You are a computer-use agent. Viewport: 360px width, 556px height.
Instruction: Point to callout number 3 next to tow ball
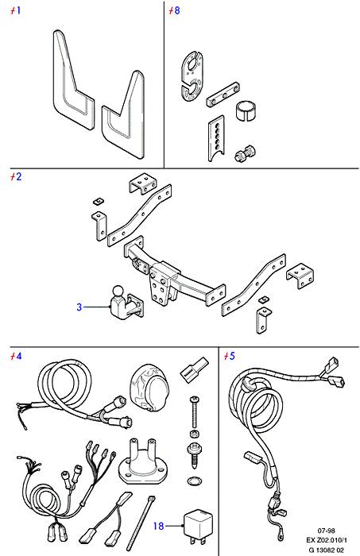click(79, 307)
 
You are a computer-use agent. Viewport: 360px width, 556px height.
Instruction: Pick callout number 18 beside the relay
click(158, 526)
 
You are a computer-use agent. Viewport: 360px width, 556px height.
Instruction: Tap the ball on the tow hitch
click(118, 292)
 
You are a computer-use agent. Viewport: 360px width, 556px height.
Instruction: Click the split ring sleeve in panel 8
click(246, 110)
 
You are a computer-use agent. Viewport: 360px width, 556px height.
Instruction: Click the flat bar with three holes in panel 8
click(223, 95)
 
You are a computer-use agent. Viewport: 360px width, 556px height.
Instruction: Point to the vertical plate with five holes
click(216, 137)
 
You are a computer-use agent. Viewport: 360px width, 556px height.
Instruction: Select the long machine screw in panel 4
click(195, 411)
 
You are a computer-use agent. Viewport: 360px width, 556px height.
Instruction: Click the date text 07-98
click(326, 531)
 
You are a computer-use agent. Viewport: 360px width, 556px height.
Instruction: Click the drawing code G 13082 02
click(326, 550)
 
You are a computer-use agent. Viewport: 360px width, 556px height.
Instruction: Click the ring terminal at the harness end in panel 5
click(281, 538)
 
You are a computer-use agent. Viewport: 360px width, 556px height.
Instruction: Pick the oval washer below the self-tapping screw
click(195, 481)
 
